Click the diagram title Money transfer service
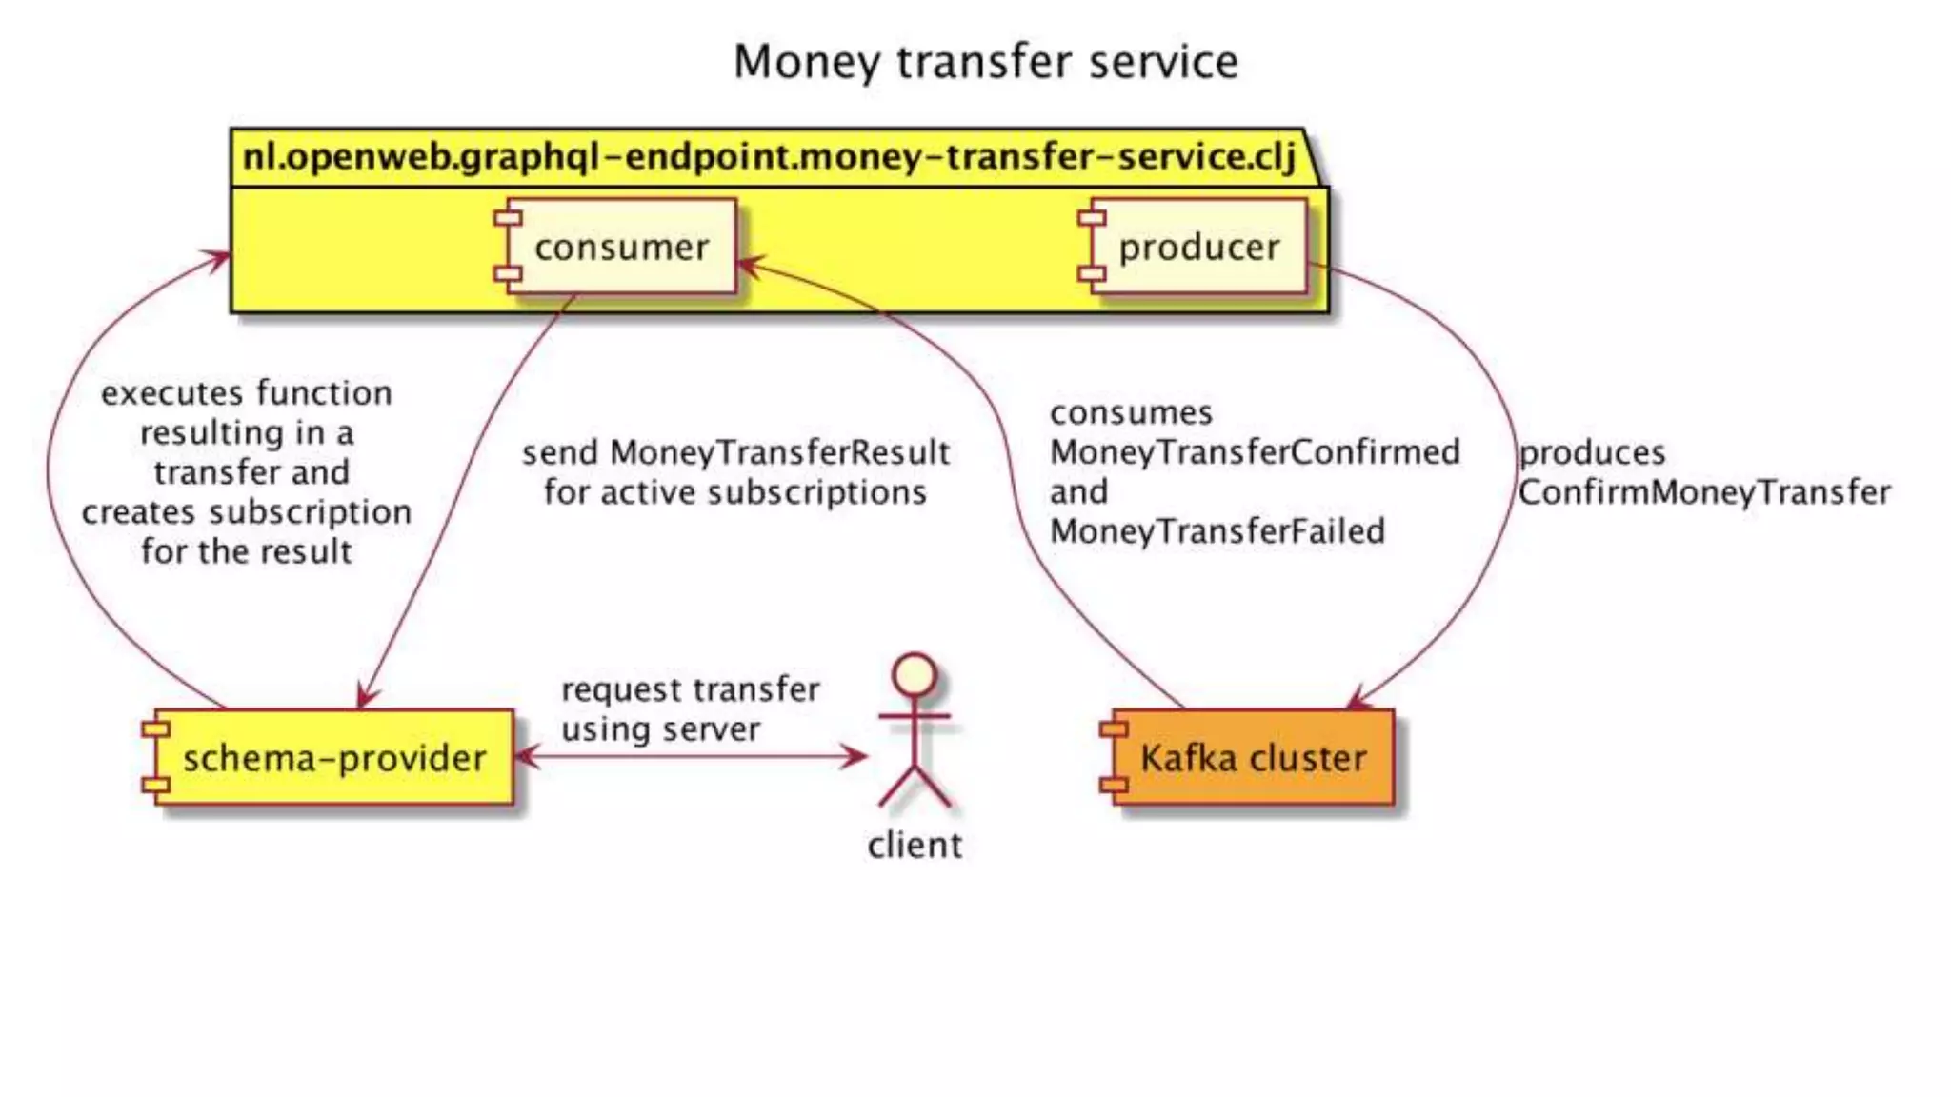pos(985,62)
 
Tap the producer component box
pos(1196,247)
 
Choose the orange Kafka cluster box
pos(1250,758)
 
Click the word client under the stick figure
pos(915,846)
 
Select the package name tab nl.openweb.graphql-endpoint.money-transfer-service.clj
pos(768,156)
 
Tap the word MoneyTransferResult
pos(779,452)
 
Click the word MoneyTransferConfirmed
pos(1255,452)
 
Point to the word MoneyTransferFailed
pos(1217,531)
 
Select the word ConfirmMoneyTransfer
pos(1703,492)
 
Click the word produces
pos(1591,452)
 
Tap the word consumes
pos(1131,413)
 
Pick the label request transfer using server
pos(690,708)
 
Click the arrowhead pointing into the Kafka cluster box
pos(1358,702)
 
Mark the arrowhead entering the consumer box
pos(749,265)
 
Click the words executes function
pos(247,393)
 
